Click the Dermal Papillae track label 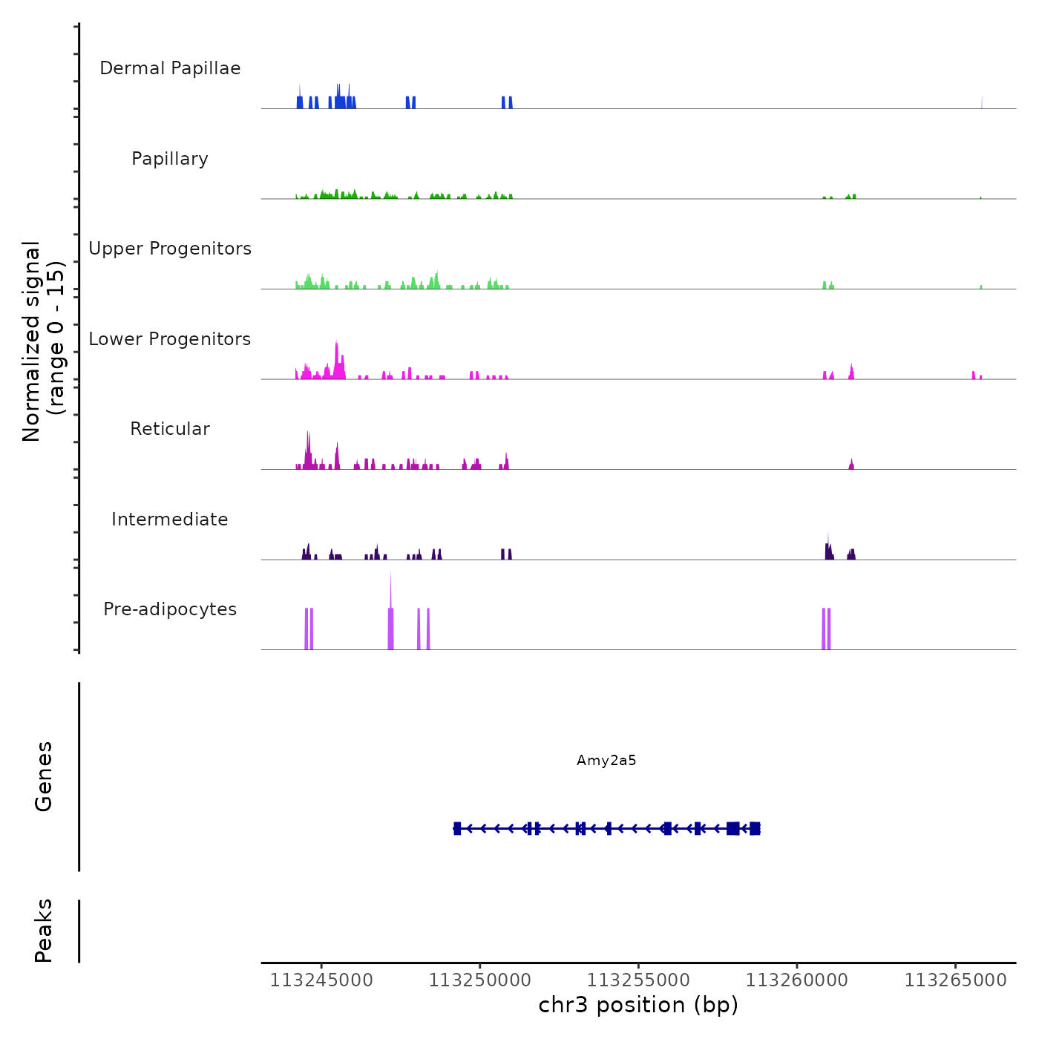click(170, 68)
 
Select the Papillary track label click(170, 159)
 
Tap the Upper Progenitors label click(170, 249)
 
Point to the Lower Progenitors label click(170, 339)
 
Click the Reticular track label click(170, 429)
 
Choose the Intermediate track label click(170, 519)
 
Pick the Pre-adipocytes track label click(170, 609)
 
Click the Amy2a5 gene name click(606, 761)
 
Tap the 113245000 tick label click(321, 980)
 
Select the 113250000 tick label click(480, 980)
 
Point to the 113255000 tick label click(638, 980)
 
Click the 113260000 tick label click(797, 980)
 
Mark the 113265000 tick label click(955, 980)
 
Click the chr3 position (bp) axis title click(638, 1006)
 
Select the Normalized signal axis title click(43, 341)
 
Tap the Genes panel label click(44, 776)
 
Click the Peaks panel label click(44, 931)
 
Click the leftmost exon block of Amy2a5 click(457, 828)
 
